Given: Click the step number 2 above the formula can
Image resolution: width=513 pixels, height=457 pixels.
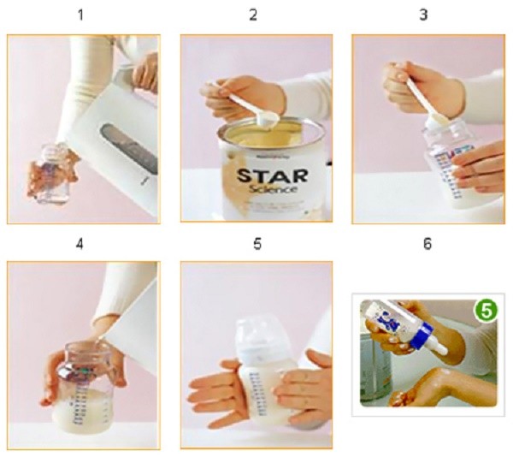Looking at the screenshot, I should [x=253, y=15].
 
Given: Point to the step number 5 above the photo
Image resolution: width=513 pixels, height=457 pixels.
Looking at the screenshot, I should [x=256, y=244].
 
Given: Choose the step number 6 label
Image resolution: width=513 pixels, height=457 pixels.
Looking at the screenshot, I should [x=427, y=244].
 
